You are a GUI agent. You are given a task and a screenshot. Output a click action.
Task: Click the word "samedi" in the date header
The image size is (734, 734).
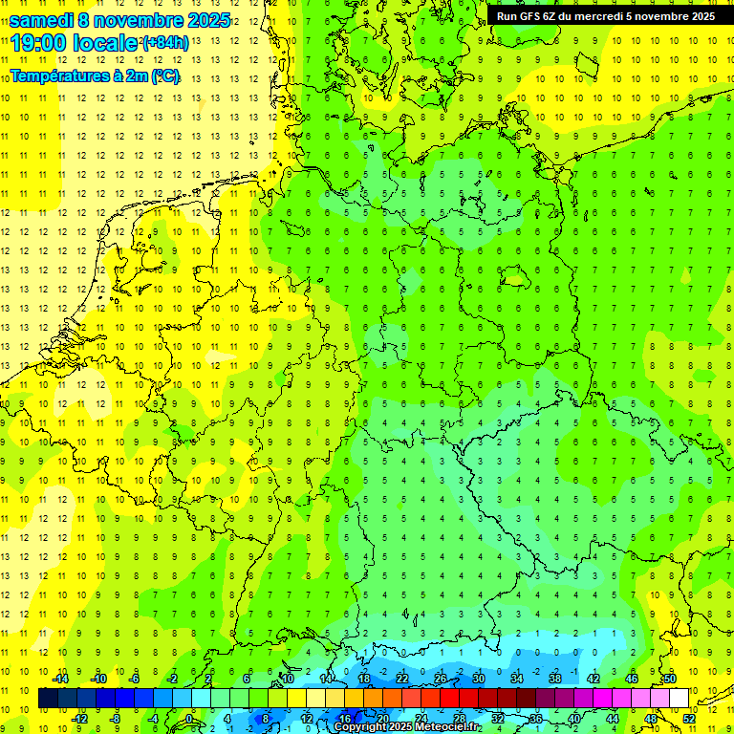click(x=42, y=20)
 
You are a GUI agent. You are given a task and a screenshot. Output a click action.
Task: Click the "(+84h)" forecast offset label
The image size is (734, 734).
click(x=164, y=42)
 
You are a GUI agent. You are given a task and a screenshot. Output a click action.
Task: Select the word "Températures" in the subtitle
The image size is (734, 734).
click(x=57, y=75)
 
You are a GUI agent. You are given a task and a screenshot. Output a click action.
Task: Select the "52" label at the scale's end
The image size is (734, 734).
click(x=688, y=718)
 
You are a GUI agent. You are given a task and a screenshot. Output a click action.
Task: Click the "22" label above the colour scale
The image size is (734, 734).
click(x=402, y=679)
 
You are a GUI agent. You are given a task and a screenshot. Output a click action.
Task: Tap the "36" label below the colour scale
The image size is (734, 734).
click(x=535, y=718)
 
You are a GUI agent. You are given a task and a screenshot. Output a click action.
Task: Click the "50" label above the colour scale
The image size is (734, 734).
click(x=669, y=679)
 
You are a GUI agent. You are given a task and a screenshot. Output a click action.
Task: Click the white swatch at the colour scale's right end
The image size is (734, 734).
click(x=679, y=698)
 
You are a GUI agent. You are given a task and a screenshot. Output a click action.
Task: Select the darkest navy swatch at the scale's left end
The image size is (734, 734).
click(x=48, y=698)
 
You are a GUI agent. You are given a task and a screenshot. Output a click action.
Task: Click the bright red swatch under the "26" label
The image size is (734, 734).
click(x=449, y=698)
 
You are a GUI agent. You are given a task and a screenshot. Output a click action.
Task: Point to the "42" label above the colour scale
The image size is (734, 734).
click(x=594, y=679)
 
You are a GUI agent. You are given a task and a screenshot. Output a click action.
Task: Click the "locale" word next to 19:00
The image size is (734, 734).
click(x=104, y=43)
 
